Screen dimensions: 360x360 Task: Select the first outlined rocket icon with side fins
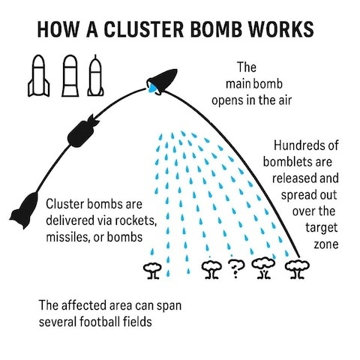tap(39, 76)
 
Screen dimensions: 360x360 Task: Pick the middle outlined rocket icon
tap(70, 76)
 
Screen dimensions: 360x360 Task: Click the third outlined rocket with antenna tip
tap(95, 75)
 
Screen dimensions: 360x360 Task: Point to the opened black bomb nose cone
tap(163, 80)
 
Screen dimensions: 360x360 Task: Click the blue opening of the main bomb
tap(152, 88)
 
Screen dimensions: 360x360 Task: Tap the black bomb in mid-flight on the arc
tap(83, 131)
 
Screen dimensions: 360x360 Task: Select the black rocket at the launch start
tap(24, 210)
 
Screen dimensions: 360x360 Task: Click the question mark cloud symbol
tap(236, 268)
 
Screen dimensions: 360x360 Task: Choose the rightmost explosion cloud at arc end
tap(297, 269)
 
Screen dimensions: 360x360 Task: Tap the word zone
tap(326, 244)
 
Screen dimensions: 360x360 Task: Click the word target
tap(322, 228)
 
